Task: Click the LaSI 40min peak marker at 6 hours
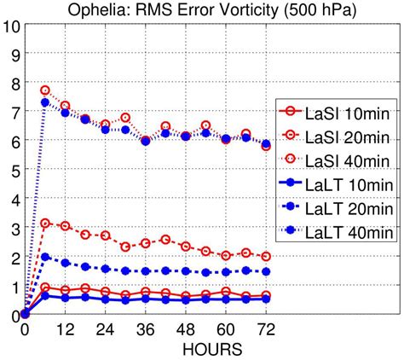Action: [x=45, y=90]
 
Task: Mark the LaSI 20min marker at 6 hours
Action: [x=45, y=224]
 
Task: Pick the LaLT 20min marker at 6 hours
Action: [x=45, y=257]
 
